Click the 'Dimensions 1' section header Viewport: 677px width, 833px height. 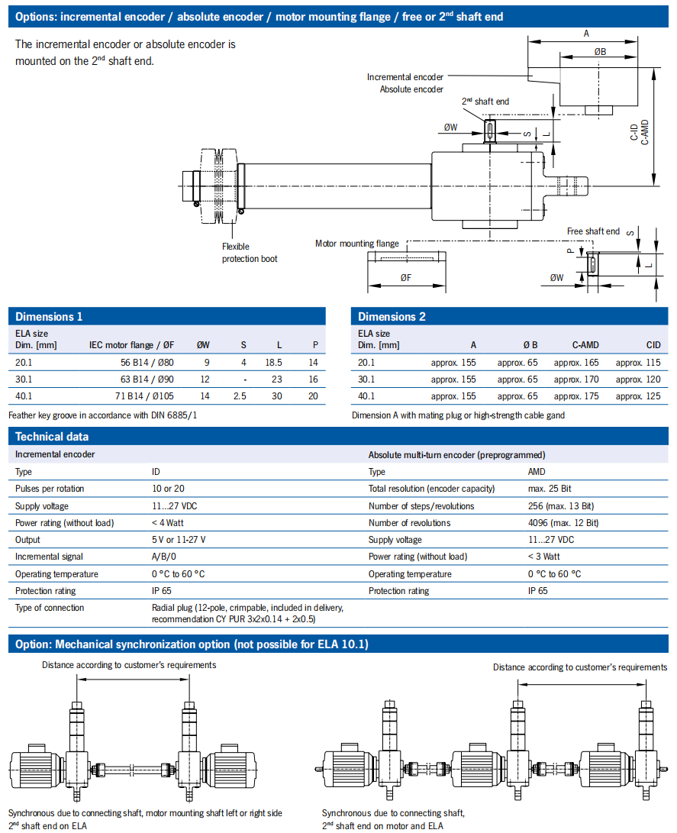click(x=49, y=317)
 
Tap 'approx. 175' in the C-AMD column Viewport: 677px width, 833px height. click(x=576, y=396)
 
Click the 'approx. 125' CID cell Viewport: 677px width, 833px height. click(x=638, y=396)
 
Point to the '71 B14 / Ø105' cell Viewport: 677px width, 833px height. click(x=145, y=396)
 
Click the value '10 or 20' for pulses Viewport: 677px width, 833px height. click(x=169, y=489)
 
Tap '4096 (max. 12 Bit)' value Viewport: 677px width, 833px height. click(x=563, y=523)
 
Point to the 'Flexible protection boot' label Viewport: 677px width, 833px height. click(x=250, y=253)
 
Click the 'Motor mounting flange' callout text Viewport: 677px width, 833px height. click(x=356, y=244)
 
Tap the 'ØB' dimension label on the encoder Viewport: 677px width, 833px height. click(x=600, y=52)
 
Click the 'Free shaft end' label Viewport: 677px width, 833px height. click(x=593, y=231)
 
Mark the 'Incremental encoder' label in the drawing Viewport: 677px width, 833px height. click(x=405, y=77)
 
